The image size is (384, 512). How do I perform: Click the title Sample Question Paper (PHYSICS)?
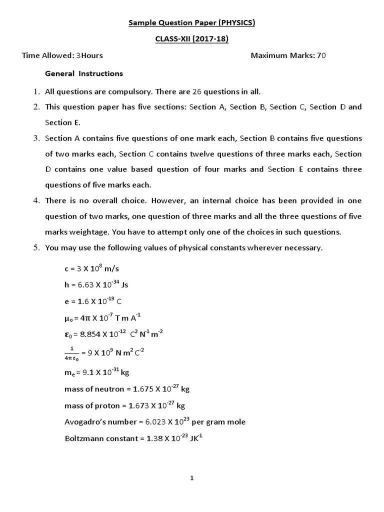point(192,22)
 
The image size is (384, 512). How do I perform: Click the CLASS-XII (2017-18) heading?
point(192,39)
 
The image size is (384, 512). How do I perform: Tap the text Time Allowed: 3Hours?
point(62,55)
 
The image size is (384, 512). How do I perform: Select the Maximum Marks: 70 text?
point(288,55)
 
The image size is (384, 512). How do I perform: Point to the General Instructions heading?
point(84,73)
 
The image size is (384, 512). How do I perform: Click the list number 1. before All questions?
point(36,91)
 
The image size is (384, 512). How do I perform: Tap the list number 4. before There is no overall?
point(36,200)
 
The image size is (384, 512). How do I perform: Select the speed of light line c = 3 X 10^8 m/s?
point(92,268)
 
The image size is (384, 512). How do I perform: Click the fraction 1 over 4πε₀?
point(71,352)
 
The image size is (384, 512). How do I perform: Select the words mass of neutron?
point(93,389)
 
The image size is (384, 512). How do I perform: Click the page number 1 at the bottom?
point(192,478)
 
